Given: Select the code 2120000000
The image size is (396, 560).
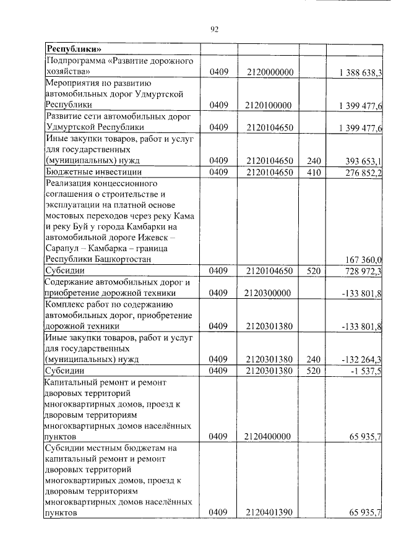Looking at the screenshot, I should [x=269, y=72].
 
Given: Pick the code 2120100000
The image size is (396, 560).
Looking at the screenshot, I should [x=269, y=105].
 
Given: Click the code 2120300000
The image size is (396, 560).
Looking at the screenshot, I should [x=269, y=293].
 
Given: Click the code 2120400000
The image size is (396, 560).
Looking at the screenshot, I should [x=269, y=437].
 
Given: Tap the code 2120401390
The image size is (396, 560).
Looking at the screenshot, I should [x=269, y=512].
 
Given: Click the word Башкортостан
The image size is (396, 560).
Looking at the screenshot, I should [x=123, y=259].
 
